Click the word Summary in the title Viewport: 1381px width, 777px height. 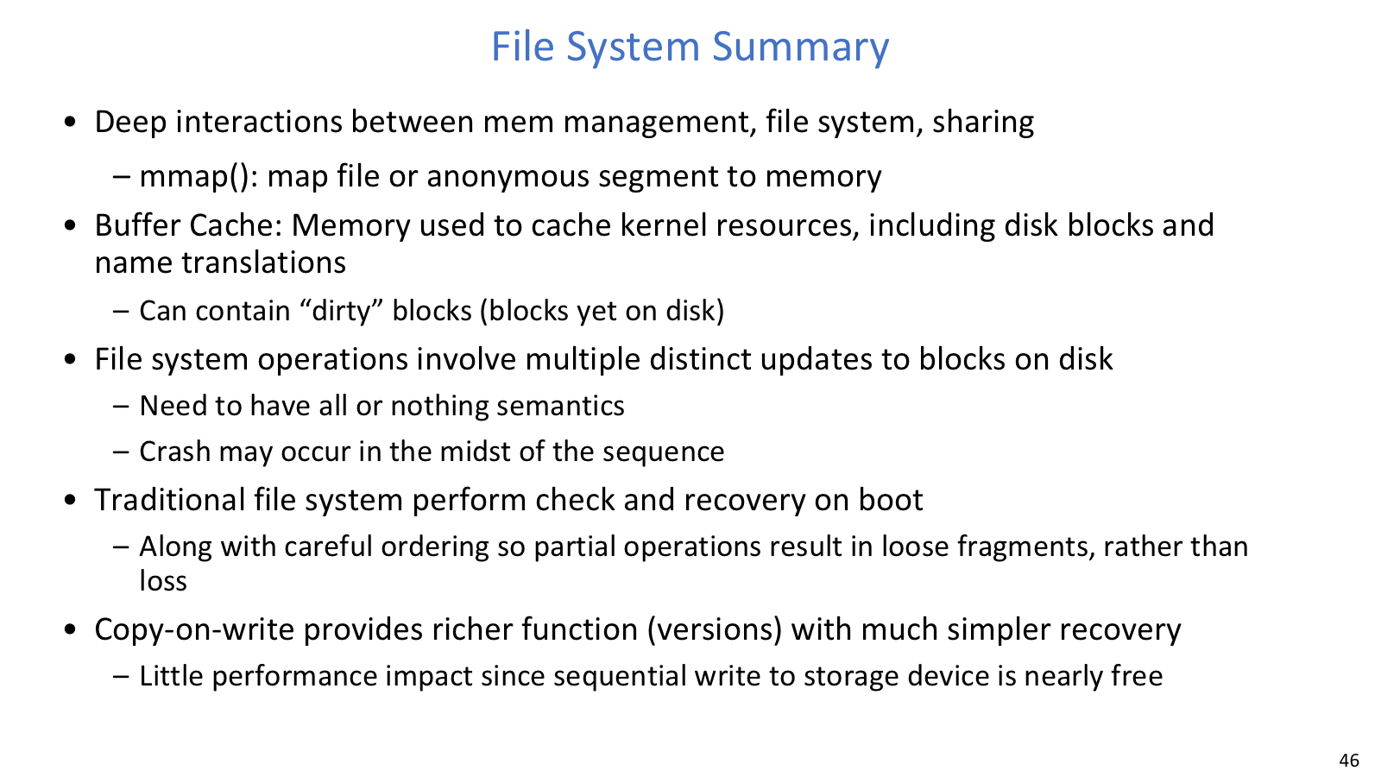point(800,47)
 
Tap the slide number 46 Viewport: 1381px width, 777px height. point(1349,760)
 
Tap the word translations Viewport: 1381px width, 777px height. point(262,262)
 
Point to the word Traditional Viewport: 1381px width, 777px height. point(169,500)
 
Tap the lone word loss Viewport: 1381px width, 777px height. point(163,581)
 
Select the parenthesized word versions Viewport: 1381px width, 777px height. point(714,629)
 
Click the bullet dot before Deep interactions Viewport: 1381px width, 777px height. point(70,122)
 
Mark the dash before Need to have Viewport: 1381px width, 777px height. point(121,407)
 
